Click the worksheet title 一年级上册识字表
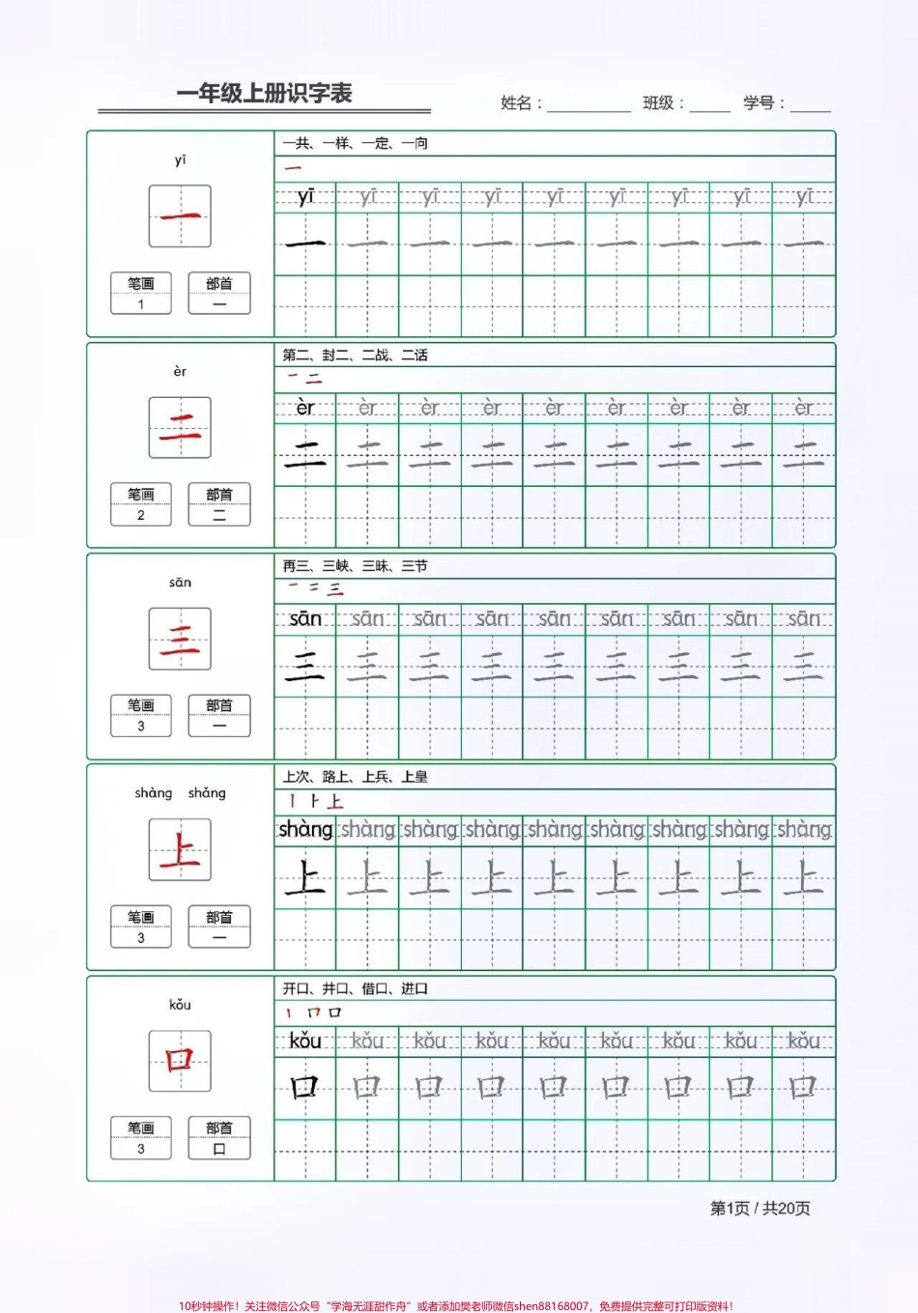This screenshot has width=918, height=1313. [264, 94]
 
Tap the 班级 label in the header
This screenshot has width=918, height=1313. [663, 103]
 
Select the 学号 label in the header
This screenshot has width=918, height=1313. [763, 103]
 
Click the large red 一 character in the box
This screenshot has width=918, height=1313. [180, 216]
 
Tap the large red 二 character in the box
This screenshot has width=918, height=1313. [180, 427]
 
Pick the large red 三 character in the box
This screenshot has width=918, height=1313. [180, 639]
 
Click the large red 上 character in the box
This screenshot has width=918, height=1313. [180, 850]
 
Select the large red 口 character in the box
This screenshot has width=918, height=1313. [180, 1061]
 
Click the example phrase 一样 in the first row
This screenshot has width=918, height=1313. [336, 144]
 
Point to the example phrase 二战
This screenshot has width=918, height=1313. [376, 356]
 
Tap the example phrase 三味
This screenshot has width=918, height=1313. [376, 566]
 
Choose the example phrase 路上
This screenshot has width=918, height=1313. [336, 777]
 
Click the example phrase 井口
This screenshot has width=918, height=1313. [336, 988]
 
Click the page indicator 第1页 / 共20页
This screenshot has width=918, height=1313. [760, 1209]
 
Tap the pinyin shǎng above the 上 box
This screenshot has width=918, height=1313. [207, 793]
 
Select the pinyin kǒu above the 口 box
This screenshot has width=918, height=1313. [180, 1005]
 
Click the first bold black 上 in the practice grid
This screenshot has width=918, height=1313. [305, 878]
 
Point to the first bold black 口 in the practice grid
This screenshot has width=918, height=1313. [305, 1088]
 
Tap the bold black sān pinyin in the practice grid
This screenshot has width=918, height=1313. [305, 619]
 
